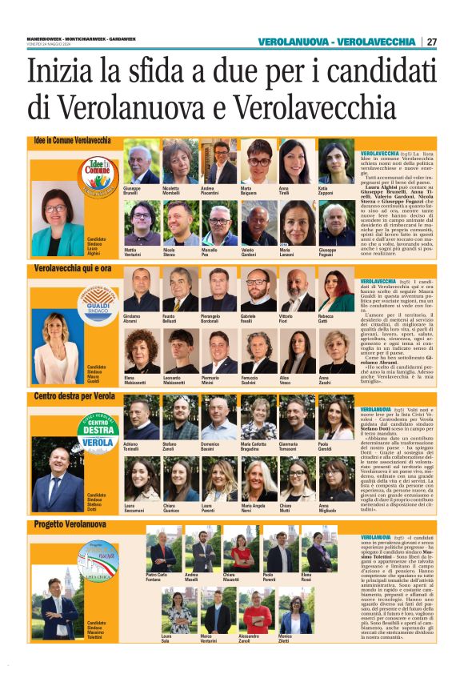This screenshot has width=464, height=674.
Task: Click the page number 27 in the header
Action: tap(432, 42)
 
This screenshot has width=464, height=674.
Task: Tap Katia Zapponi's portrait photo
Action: tap(336, 161)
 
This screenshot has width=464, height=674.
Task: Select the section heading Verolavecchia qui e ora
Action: tap(73, 268)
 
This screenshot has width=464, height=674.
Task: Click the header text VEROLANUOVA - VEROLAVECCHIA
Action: tap(336, 42)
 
